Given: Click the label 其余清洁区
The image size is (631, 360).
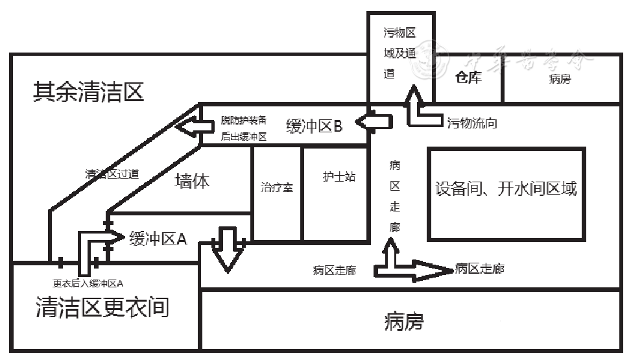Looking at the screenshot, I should (x=88, y=93).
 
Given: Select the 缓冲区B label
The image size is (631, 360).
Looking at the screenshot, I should (x=314, y=126).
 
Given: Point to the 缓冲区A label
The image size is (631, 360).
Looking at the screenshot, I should (x=158, y=239).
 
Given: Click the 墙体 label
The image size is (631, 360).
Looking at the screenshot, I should (x=193, y=181).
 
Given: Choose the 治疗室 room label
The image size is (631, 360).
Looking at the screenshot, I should (x=277, y=188).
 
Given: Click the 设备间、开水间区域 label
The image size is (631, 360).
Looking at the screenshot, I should (x=506, y=189).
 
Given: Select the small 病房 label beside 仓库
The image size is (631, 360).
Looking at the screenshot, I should (x=560, y=80).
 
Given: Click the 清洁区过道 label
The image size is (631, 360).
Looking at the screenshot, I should (x=112, y=174).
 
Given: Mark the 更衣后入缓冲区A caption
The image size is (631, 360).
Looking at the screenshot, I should (x=88, y=283).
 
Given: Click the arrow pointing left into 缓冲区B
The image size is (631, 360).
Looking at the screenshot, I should (x=375, y=122).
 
